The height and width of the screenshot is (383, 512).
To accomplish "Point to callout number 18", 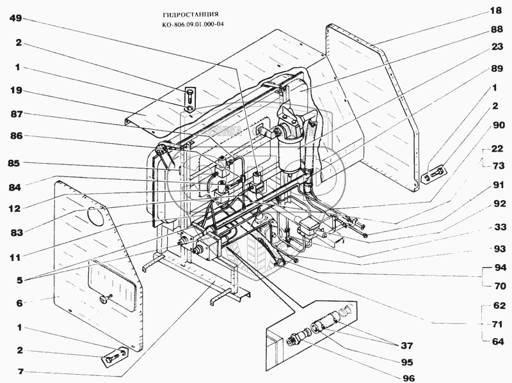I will [497, 11].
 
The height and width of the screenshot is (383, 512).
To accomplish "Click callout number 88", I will [497, 29].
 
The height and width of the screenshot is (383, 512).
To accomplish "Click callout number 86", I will [17, 137].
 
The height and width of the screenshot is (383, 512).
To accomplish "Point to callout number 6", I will [19, 304].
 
